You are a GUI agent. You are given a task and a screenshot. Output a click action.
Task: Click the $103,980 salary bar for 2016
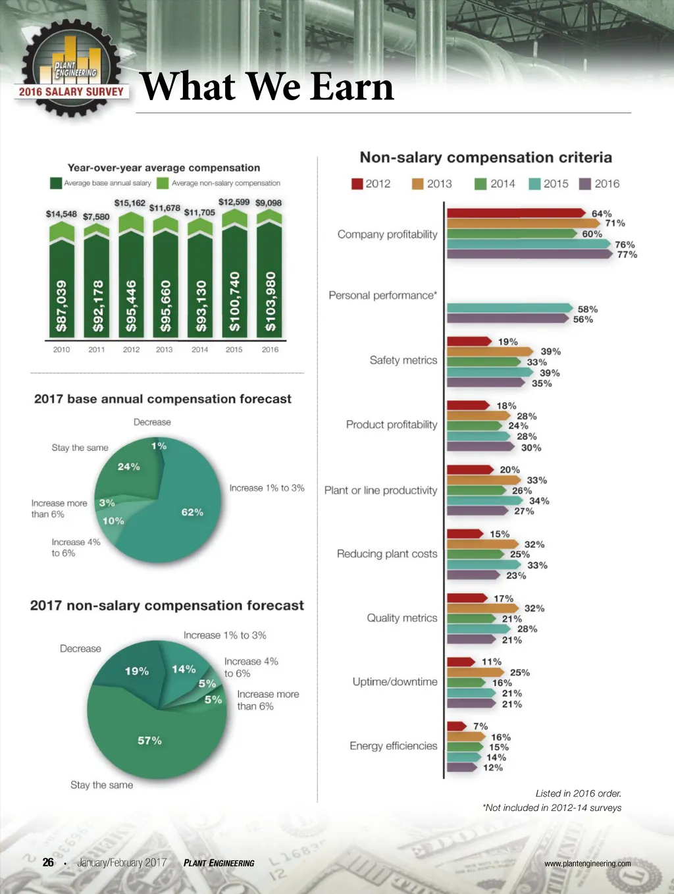coord(269,290)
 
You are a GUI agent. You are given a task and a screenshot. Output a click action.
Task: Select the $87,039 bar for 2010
coord(62,290)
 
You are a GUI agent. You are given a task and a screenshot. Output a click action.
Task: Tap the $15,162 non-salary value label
coord(130,203)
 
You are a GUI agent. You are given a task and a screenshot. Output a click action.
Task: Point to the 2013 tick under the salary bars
coord(165,350)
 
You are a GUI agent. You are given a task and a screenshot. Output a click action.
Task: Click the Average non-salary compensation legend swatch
coord(163,183)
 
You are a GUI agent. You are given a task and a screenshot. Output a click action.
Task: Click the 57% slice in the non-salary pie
coord(151,737)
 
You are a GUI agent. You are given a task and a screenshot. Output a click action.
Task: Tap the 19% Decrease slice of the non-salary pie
coord(135,671)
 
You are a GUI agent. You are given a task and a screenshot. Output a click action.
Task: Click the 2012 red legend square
coord(357,184)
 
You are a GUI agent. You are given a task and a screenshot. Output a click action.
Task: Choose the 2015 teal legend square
coord(535,184)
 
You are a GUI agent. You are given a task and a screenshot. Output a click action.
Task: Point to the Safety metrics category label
coord(403,360)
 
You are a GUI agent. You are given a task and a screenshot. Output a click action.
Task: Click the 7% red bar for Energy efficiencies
coord(455,726)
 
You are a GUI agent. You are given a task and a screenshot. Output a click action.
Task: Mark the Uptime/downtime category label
coord(395,682)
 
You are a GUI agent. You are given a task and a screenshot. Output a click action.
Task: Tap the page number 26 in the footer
coord(48,862)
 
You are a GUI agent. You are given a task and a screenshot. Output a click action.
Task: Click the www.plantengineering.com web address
coord(587,864)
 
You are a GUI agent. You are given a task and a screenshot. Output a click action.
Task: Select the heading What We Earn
coord(267,87)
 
